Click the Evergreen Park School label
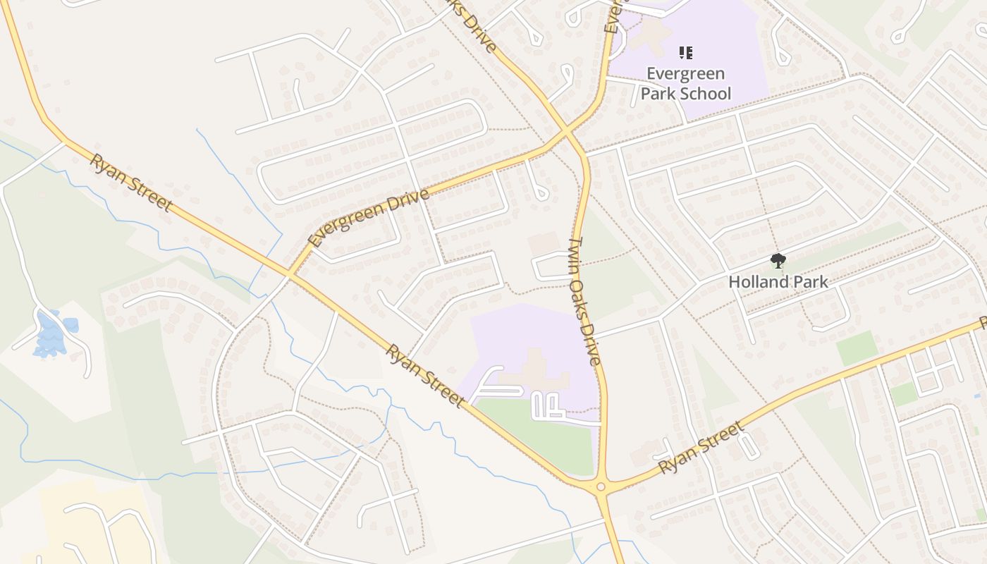click(x=685, y=83)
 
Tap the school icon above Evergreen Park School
click(x=685, y=52)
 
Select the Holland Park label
click(x=778, y=282)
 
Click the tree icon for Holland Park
click(x=778, y=262)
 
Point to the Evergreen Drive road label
click(x=369, y=217)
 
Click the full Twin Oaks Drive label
click(x=585, y=301)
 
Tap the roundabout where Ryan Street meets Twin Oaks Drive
click(x=601, y=486)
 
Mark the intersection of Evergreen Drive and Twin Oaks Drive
click(x=567, y=130)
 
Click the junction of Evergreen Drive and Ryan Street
click(x=290, y=274)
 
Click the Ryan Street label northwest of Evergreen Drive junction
click(x=130, y=182)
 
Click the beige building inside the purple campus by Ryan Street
click(x=536, y=370)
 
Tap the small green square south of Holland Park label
click(x=857, y=348)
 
